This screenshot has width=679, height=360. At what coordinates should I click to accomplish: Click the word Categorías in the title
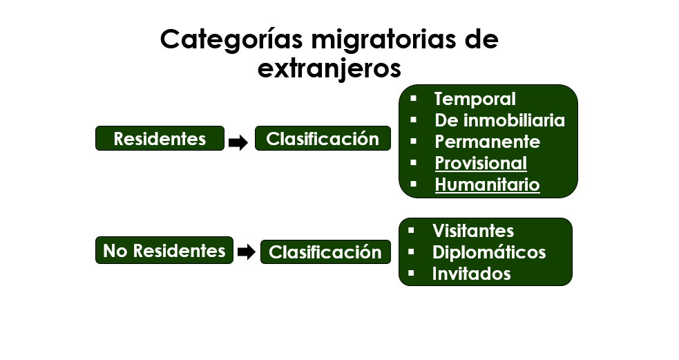coord(231,40)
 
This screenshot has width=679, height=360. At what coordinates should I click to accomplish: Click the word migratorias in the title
coord(383,40)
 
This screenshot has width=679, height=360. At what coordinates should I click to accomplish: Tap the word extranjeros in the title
coord(329,68)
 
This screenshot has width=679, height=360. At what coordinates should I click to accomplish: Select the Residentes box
coord(160,139)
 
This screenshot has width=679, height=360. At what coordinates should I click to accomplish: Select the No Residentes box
coord(164,250)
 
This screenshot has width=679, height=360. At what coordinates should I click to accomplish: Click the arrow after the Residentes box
coord(238,142)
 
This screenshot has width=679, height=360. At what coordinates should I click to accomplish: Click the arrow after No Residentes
coord(247,252)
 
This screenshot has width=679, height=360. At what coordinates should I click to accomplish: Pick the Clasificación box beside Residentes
coord(323,139)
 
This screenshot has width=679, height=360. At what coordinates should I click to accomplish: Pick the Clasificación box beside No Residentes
coord(325,252)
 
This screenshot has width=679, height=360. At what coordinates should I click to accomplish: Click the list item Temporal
coord(475,100)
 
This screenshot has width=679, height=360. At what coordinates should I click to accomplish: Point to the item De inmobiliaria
coord(499,120)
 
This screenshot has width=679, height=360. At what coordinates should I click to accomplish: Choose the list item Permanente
coord(487,142)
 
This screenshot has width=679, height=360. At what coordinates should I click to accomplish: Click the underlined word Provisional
coord(481,163)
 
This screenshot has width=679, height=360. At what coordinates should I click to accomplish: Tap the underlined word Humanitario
coord(487,184)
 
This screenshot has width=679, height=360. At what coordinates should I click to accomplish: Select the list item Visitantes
coord(473,231)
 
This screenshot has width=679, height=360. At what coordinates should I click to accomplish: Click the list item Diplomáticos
coord(489,252)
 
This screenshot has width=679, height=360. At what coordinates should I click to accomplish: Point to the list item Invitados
coord(471,274)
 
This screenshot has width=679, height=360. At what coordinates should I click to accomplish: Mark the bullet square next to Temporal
coord(413,98)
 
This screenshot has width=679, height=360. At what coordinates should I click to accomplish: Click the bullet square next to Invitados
coord(411,274)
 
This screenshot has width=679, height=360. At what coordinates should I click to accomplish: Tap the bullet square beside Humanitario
coord(413,184)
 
